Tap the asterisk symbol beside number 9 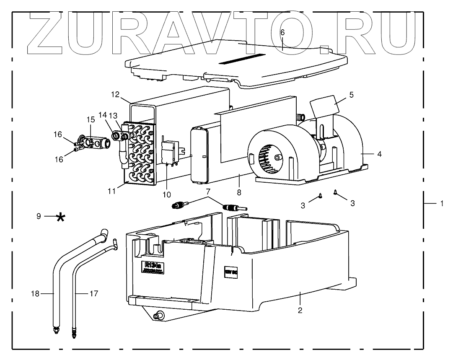click(61, 217)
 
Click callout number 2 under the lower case click(300, 311)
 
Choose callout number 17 click(94, 294)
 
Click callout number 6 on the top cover click(282, 33)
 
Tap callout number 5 click(351, 95)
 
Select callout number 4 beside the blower click(379, 154)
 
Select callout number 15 click(91, 119)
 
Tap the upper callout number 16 click(58, 135)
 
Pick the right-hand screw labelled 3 click(335, 192)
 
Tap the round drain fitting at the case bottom click(159, 315)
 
